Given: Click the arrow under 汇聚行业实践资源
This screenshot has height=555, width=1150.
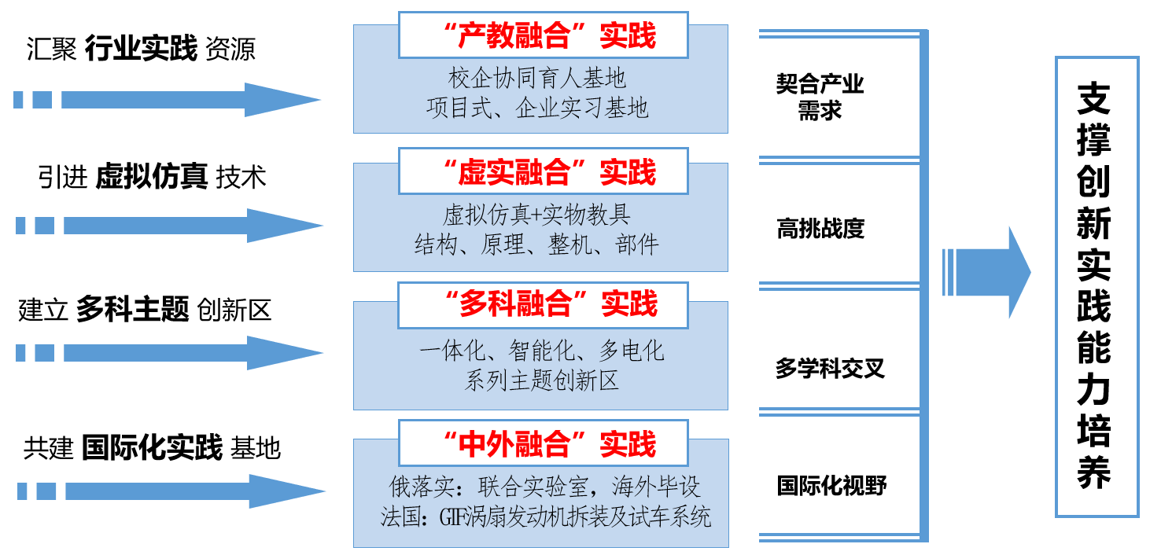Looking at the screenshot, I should click(x=189, y=100).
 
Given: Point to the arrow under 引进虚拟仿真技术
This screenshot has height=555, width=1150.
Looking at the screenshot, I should click(x=189, y=226).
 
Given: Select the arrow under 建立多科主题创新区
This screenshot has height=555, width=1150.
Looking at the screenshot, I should click(x=189, y=353).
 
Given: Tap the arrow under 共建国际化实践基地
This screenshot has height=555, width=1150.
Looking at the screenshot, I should click(x=189, y=491).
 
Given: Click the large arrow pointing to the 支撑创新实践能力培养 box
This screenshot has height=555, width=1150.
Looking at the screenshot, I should click(x=987, y=272).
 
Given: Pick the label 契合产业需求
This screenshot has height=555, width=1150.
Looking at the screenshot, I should click(x=820, y=97).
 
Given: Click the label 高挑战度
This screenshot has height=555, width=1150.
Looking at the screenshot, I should click(x=820, y=229).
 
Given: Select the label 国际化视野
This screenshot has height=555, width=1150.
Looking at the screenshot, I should click(x=831, y=485).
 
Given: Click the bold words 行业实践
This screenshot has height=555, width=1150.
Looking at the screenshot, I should click(x=141, y=50).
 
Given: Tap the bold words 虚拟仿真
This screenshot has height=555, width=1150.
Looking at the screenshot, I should click(x=151, y=177).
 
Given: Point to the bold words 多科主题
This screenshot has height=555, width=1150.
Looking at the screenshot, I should click(x=132, y=311).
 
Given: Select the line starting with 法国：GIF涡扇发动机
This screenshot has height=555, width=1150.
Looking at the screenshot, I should click(x=545, y=516).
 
